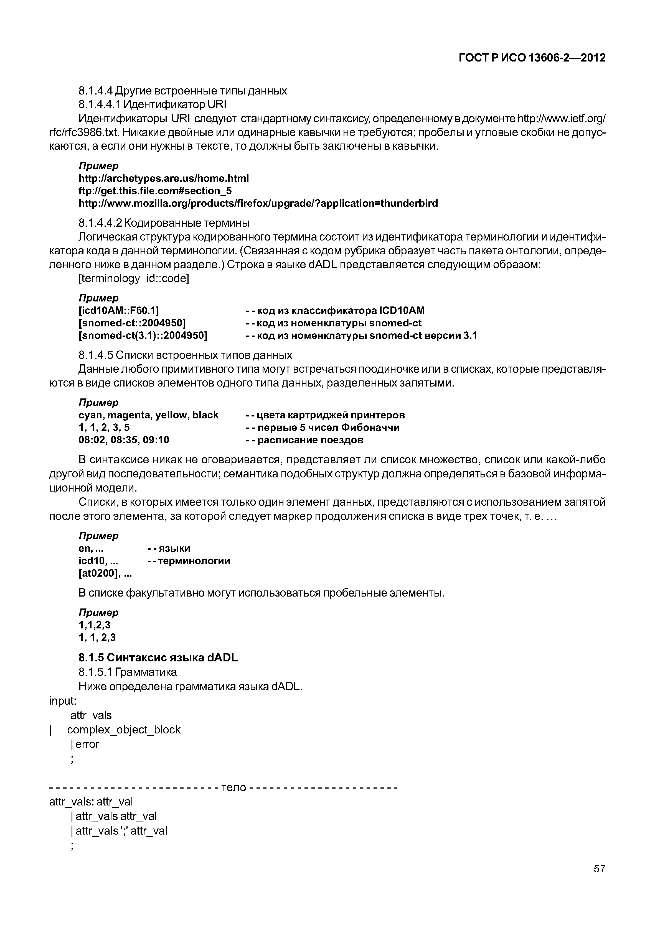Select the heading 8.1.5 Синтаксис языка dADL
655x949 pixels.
point(158,658)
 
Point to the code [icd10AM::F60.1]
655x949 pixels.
point(119,310)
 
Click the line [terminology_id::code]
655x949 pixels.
point(134,279)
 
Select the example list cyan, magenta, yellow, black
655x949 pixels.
point(149,415)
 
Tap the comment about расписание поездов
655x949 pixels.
point(304,440)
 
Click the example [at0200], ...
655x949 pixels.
point(105,573)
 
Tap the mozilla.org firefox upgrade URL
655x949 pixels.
point(258,203)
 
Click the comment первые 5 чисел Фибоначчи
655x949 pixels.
point(323,427)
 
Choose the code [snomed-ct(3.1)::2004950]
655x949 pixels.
point(143,336)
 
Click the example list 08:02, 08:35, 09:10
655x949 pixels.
point(124,440)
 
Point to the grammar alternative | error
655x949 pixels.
point(85,744)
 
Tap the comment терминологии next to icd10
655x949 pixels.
point(189,561)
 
